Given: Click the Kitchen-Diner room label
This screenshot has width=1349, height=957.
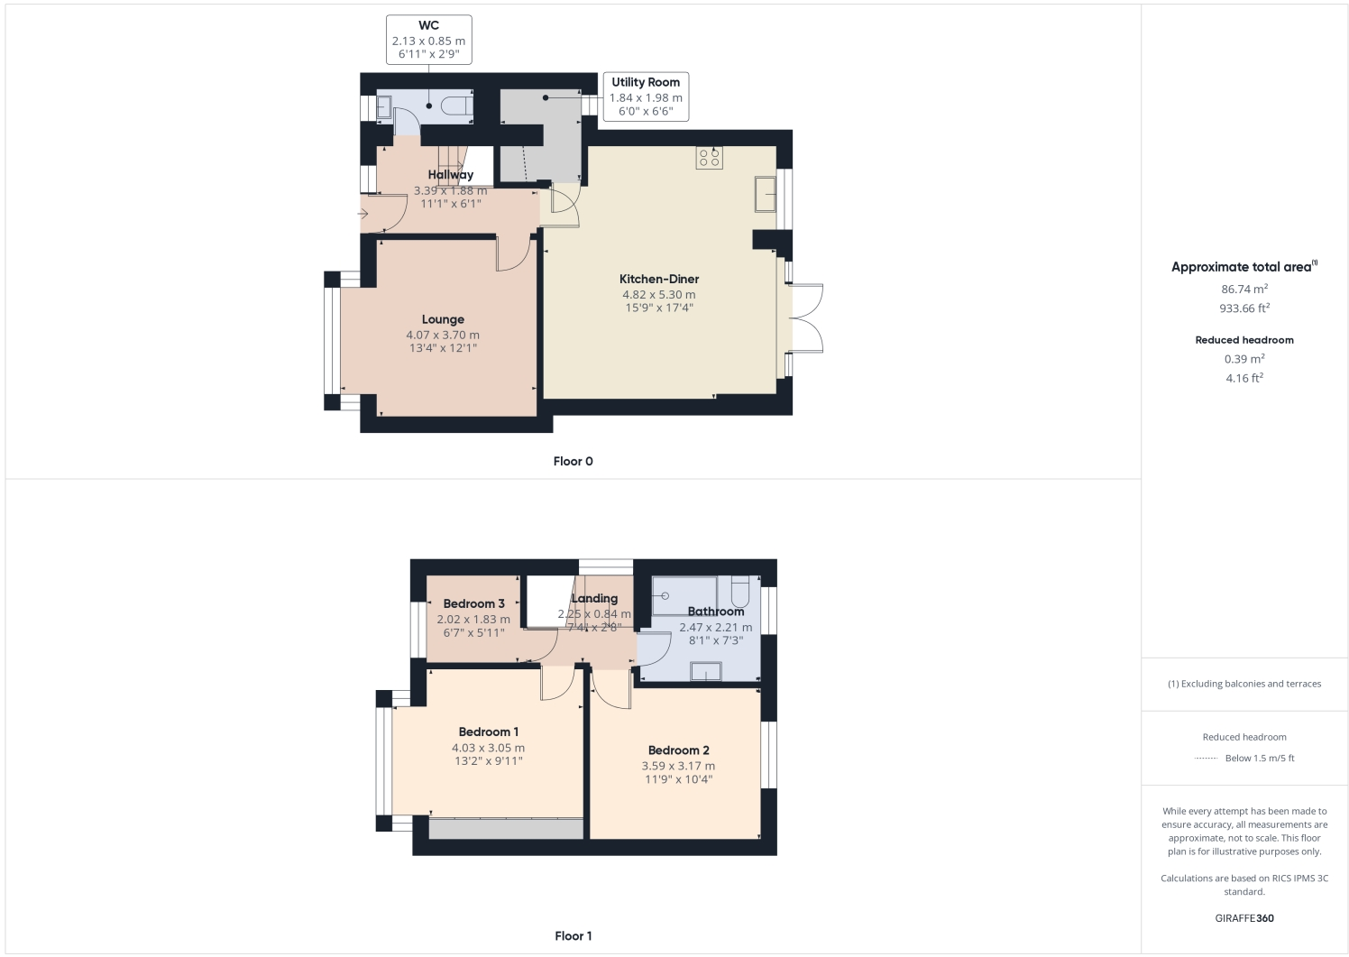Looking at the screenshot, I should [658, 279].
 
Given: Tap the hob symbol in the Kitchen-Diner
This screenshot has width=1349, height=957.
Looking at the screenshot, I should [709, 158].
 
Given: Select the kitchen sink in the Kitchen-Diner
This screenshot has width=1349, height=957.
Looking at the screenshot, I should [765, 194].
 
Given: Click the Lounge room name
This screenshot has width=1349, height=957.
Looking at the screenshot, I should [443, 319].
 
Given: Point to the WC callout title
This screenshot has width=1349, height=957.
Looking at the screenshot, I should [428, 25].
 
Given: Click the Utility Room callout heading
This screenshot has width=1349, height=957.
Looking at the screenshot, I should [646, 82].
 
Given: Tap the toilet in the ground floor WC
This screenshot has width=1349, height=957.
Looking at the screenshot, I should [457, 106].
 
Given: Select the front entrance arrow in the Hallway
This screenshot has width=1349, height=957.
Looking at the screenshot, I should [362, 214].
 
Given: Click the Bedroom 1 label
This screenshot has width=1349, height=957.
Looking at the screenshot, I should [488, 732].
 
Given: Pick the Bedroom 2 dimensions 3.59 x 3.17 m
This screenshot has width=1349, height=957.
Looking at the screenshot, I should [678, 766].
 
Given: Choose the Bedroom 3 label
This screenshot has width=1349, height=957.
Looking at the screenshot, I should [473, 603].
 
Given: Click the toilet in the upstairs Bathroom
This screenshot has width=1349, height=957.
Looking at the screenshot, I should [740, 591].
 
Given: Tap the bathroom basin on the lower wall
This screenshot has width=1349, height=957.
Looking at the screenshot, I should [705, 671].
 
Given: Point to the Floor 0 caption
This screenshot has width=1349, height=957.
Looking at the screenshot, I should [573, 461].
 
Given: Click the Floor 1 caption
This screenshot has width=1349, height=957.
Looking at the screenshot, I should [573, 935].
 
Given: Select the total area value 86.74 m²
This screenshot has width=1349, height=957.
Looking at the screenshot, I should [1244, 290].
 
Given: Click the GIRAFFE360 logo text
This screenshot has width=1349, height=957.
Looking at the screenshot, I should [1244, 918].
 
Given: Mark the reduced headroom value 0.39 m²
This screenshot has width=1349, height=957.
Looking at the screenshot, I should [1244, 359].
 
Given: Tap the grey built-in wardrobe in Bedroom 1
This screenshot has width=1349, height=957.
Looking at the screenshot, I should [506, 829].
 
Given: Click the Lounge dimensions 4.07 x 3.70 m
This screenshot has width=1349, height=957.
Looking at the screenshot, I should [443, 335].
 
